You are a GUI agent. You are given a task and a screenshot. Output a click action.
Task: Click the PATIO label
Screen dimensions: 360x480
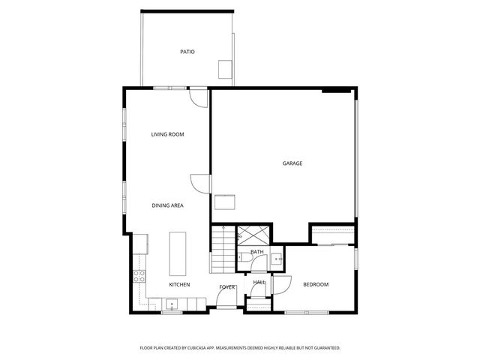[x=187, y=52]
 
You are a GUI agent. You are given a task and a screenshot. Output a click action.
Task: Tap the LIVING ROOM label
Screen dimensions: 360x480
[x=167, y=134]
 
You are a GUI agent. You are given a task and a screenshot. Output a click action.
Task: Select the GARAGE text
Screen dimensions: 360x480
[x=292, y=163]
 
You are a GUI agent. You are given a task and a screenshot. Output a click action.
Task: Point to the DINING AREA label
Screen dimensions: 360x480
[x=167, y=205]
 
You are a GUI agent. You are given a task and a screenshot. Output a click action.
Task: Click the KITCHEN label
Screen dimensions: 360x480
[x=179, y=285]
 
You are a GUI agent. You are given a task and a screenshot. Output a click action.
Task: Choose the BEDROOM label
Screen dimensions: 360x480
[x=316, y=285]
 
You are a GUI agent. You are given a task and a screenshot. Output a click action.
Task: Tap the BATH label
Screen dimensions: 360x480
[x=257, y=252]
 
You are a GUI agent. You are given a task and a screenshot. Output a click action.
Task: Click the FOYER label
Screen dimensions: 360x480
[x=227, y=287]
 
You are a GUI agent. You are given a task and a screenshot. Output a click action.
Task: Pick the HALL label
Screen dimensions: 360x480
[x=259, y=282]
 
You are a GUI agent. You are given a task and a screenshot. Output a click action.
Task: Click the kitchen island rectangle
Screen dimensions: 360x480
[x=178, y=253]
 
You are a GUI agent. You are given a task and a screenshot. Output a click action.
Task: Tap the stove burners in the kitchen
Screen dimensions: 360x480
[x=139, y=275]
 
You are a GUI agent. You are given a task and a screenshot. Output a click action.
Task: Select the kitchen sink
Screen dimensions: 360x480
[x=172, y=305]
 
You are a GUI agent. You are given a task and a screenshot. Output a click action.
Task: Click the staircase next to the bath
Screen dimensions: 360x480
[x=223, y=251]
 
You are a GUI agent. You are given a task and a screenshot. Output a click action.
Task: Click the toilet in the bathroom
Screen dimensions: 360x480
[x=245, y=257]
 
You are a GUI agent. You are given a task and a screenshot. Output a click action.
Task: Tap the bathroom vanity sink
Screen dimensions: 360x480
[x=277, y=260]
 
